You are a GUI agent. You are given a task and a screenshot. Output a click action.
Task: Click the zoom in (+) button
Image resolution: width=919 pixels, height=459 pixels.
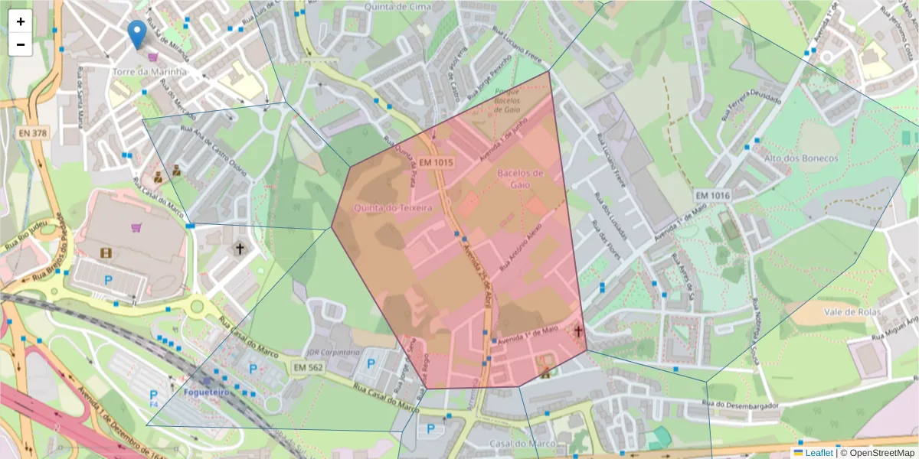[21, 21]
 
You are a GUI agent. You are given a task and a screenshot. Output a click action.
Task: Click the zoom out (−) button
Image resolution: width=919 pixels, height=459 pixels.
[21, 44]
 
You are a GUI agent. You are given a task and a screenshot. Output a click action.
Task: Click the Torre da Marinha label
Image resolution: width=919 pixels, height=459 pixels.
[149, 71]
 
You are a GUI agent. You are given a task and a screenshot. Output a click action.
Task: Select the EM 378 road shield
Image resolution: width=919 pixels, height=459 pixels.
[33, 132]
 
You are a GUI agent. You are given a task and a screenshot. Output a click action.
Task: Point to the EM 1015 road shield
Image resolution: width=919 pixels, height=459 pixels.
[436, 163]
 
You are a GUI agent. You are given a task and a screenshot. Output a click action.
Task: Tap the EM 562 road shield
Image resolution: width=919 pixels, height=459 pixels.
[309, 368]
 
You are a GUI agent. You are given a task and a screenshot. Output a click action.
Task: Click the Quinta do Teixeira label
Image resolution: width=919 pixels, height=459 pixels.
[393, 207]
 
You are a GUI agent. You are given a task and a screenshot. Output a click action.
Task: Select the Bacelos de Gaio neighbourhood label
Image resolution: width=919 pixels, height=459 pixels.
[520, 178]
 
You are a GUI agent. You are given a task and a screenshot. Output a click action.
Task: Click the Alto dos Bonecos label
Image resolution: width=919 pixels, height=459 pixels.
[801, 158]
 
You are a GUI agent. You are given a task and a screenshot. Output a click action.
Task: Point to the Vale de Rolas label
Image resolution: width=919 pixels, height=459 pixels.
[849, 312]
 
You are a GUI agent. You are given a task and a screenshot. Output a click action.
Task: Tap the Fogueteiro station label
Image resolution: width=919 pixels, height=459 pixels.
[207, 392]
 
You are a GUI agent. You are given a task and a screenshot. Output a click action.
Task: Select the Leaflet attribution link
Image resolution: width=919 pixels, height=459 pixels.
[819, 453]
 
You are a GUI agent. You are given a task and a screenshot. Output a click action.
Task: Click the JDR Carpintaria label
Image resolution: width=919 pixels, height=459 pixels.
[332, 352]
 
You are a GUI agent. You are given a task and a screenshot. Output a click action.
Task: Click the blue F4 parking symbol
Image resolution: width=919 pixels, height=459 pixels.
[153, 397]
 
